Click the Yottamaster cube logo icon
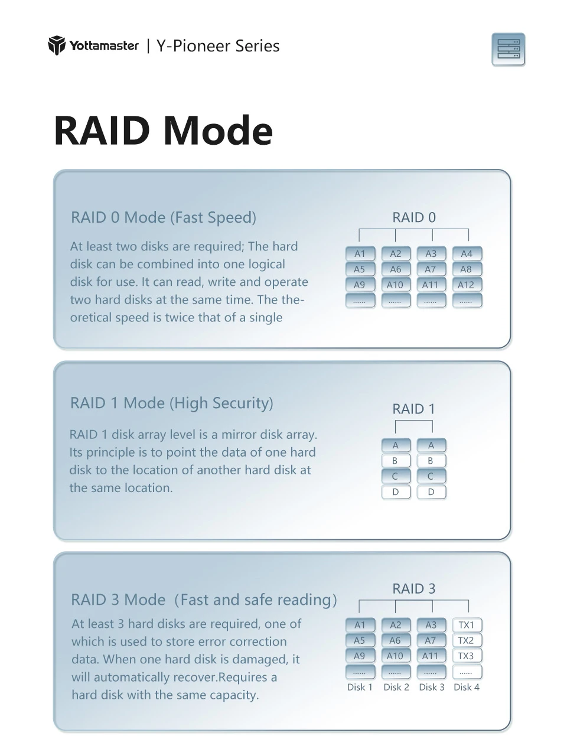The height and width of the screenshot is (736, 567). click(x=57, y=45)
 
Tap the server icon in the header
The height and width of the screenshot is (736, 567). click(x=509, y=50)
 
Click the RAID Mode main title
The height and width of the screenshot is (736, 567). click(x=163, y=131)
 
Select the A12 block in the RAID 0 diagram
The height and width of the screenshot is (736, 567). click(x=467, y=285)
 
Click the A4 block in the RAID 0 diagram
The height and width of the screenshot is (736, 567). click(x=467, y=253)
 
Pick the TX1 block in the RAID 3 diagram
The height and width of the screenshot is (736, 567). click(x=467, y=625)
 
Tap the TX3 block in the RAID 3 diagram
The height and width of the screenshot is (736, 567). click(x=467, y=656)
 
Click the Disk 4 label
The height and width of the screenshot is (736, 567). click(x=467, y=687)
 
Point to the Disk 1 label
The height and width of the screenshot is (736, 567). click(x=360, y=687)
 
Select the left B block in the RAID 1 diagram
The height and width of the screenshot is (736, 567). click(x=396, y=461)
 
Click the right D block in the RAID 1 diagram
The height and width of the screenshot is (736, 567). click(x=432, y=492)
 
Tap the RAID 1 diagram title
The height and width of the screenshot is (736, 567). click(x=413, y=409)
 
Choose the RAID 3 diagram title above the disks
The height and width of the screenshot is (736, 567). click(x=413, y=589)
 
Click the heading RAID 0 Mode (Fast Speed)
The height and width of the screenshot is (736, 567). click(x=164, y=217)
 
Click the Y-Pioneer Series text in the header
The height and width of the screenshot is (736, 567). click(x=218, y=45)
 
